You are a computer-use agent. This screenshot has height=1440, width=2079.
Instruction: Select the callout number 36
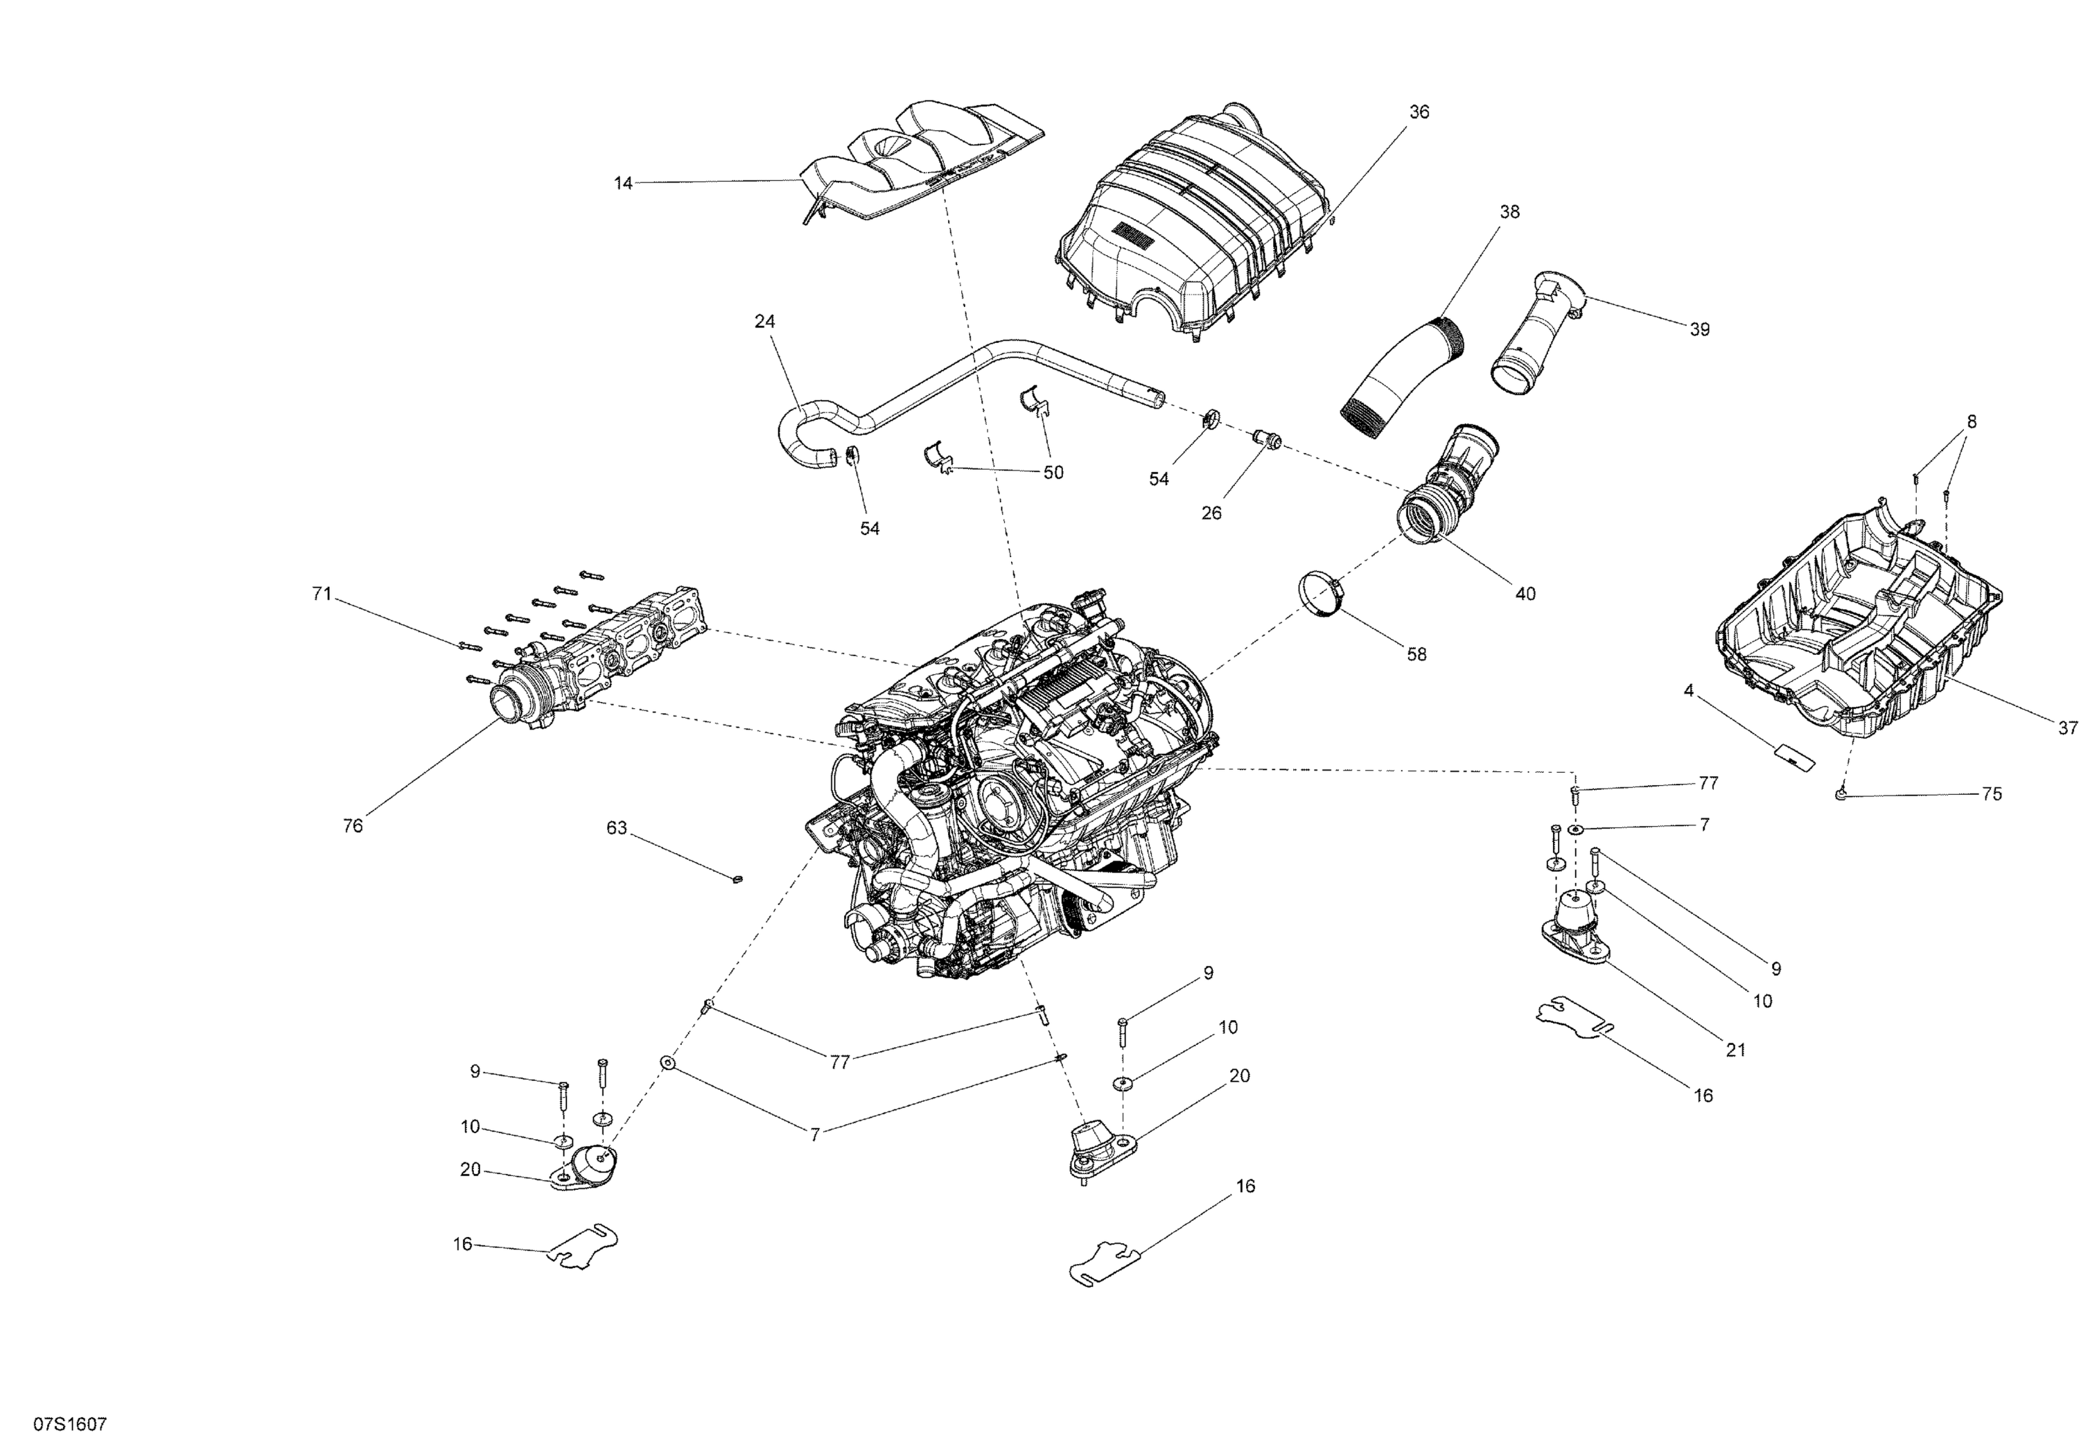click(x=1419, y=112)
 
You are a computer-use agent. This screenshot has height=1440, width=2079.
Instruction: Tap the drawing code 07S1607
click(x=71, y=1424)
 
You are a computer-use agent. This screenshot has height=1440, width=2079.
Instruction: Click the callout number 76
click(x=353, y=825)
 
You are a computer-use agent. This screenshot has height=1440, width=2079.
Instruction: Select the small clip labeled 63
click(x=737, y=879)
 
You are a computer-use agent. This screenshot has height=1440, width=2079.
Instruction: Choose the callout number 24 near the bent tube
click(x=764, y=322)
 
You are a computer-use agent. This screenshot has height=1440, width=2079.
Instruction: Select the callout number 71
click(x=322, y=594)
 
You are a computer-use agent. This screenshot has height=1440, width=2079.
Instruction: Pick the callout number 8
click(x=1972, y=421)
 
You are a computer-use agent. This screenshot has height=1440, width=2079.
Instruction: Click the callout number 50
click(x=1053, y=473)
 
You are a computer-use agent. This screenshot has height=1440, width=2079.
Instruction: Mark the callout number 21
click(x=1735, y=1051)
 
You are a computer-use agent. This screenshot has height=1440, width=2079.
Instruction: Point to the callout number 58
click(x=1416, y=654)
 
